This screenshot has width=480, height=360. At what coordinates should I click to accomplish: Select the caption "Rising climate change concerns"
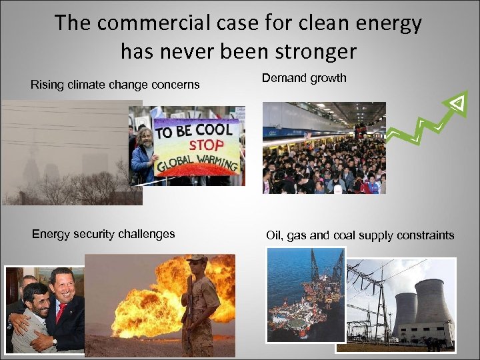pyautogui.click(x=115, y=85)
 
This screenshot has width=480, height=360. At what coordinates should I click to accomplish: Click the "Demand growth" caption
pyautogui.click(x=304, y=78)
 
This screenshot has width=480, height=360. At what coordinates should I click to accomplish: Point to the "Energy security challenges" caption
pyautogui.click(x=103, y=234)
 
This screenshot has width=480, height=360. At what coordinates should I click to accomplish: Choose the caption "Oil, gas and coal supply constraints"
pyautogui.click(x=360, y=235)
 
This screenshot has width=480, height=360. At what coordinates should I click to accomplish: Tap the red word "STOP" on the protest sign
pyautogui.click(x=209, y=145)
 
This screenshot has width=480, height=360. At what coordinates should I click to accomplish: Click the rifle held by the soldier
pyautogui.click(x=189, y=307)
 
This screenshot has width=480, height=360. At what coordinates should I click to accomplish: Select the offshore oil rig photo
pyautogui.click(x=305, y=293)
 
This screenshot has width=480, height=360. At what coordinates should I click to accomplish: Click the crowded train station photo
pyautogui.click(x=323, y=148)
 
